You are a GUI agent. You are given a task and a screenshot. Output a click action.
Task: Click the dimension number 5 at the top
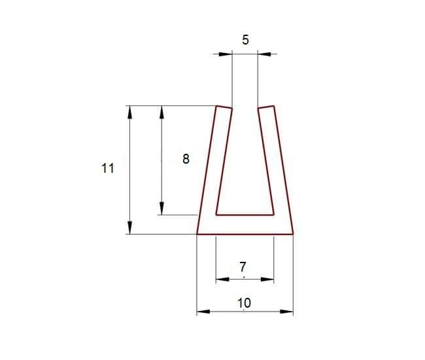click(x=245, y=40)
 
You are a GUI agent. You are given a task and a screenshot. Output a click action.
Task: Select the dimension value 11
click(x=108, y=168)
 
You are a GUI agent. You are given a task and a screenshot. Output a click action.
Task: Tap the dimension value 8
click(x=186, y=159)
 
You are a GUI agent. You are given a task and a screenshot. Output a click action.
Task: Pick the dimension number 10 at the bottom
click(x=245, y=303)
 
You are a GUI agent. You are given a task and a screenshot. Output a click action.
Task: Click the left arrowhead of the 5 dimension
click(x=226, y=54)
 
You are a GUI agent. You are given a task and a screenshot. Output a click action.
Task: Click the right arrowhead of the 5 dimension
click(x=264, y=54)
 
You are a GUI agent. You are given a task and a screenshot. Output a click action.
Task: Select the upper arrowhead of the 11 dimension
click(x=130, y=112)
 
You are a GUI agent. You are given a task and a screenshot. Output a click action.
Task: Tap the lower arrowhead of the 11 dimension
click(x=130, y=228)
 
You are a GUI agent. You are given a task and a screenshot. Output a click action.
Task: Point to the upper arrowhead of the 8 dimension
click(x=161, y=112)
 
